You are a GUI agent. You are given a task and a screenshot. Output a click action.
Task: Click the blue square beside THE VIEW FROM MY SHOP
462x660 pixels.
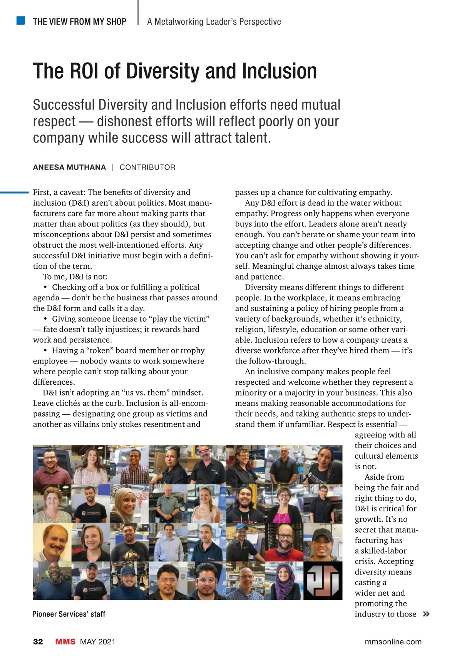[x=21, y=20]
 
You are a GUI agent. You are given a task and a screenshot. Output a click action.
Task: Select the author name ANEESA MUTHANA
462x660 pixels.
[x=69, y=167]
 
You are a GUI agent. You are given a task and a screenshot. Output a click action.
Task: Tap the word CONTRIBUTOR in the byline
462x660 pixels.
[x=147, y=167]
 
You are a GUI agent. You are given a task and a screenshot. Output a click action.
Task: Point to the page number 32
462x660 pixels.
[x=38, y=642]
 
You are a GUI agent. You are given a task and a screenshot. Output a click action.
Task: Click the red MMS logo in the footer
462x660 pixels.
[x=65, y=642]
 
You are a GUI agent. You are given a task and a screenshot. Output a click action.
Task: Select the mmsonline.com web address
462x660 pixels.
[x=393, y=642]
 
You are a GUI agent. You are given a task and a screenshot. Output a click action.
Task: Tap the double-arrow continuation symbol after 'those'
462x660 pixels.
[x=426, y=614]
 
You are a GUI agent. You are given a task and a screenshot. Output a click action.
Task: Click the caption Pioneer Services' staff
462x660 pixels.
[x=69, y=614]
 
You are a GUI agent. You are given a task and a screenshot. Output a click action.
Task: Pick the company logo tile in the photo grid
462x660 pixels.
[x=323, y=580]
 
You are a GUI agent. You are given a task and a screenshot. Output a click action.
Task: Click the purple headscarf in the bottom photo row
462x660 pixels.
[x=284, y=583]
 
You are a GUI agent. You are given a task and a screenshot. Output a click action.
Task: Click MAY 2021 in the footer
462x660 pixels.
[x=97, y=642]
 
